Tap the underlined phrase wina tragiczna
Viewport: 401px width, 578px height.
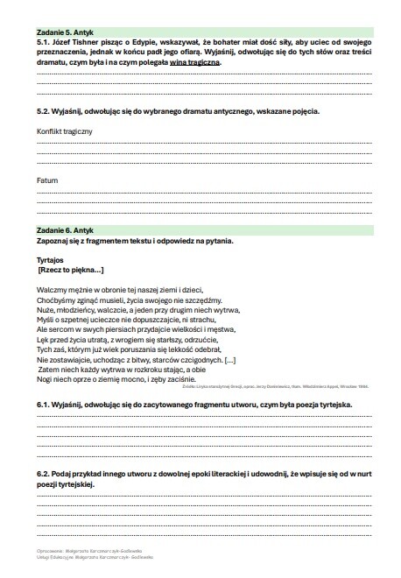[x=198, y=63]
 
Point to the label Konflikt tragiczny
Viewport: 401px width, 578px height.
[x=65, y=130]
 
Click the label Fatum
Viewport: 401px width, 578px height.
[x=47, y=180]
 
